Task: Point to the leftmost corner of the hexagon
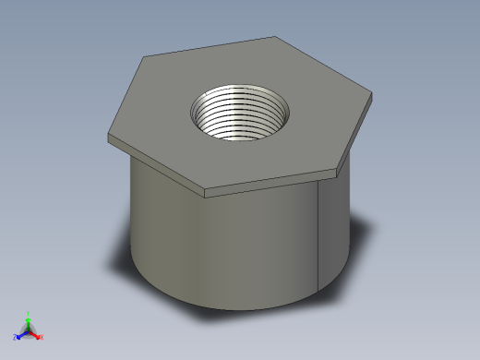click(x=109, y=136)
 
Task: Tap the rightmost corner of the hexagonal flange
click(x=375, y=96)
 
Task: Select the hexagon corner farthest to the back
click(x=275, y=37)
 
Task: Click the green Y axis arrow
click(x=28, y=320)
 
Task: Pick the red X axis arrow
click(x=36, y=335)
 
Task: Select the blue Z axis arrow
click(x=21, y=335)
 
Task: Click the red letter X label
click(x=42, y=337)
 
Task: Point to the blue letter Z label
click(x=15, y=338)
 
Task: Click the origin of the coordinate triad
click(x=29, y=331)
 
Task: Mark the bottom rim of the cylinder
click(x=231, y=307)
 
